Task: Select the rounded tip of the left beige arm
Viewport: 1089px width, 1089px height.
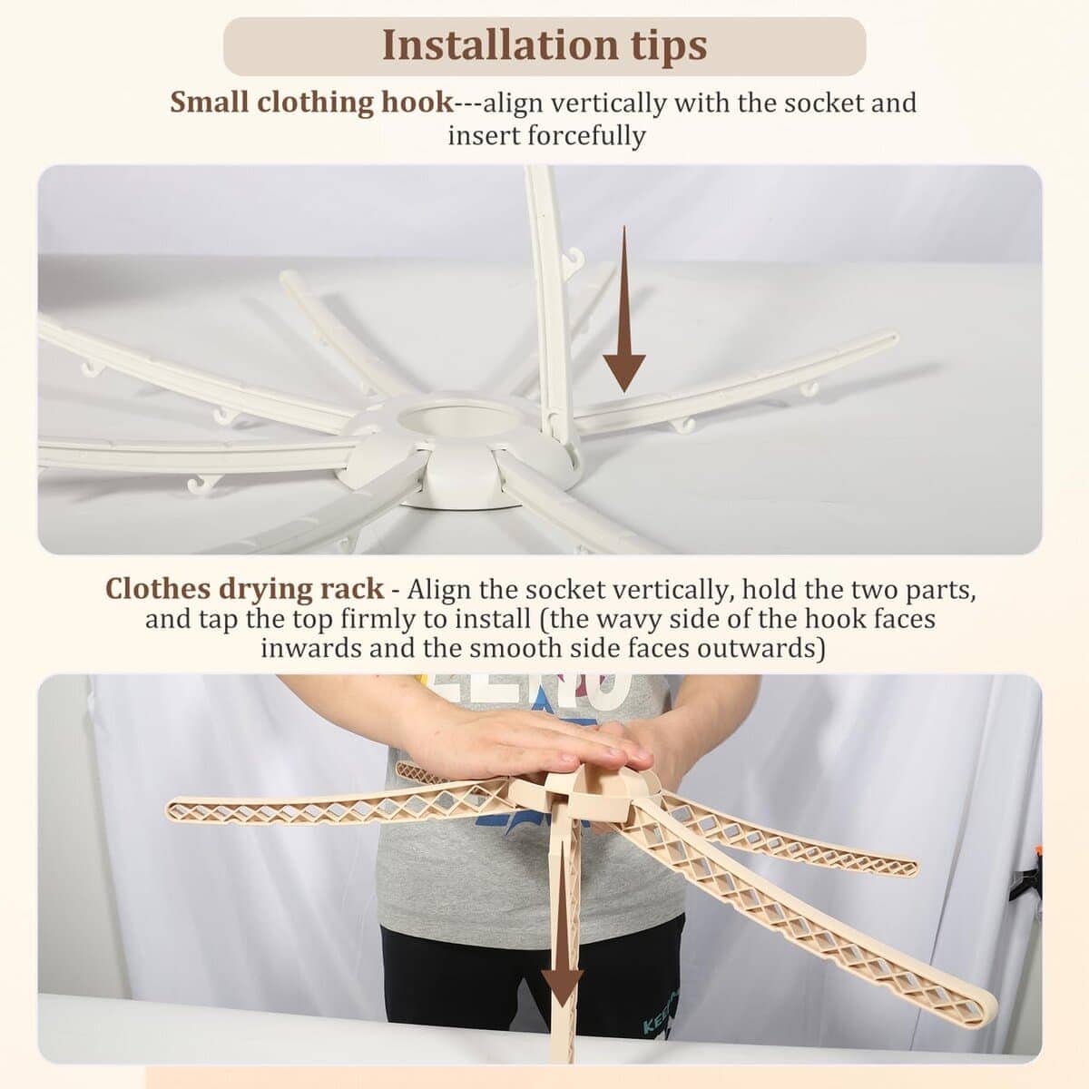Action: tap(172, 809)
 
